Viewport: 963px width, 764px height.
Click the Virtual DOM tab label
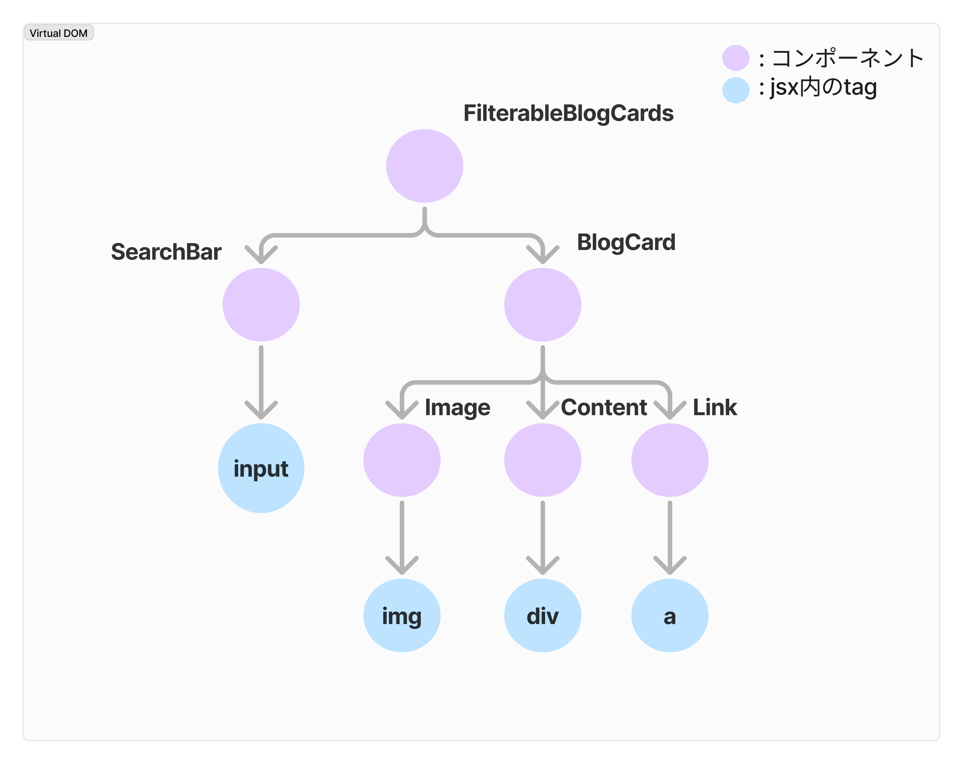(58, 33)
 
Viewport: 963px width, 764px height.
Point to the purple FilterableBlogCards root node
(424, 166)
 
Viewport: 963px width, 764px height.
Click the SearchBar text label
(166, 252)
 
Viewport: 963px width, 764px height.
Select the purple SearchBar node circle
(261, 305)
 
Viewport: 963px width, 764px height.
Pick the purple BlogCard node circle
(543, 305)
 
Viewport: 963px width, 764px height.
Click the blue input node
(261, 468)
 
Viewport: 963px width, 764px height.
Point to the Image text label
(457, 408)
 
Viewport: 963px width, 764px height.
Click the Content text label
(604, 407)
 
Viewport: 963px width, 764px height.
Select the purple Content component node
(543, 460)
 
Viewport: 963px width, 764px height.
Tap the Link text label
(715, 407)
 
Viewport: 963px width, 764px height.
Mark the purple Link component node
(669, 460)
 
